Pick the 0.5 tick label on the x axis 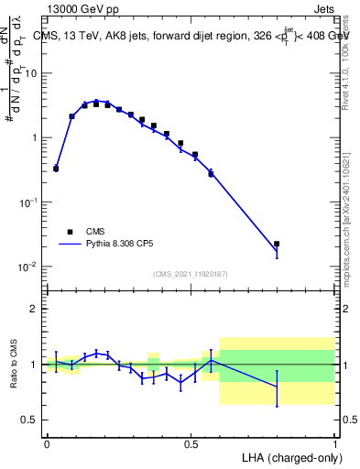[x=191, y=443]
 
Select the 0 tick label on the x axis [x=47, y=443]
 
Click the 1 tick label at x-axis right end [x=334, y=443]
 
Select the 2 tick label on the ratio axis [x=36, y=309]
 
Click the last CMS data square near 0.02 [x=277, y=245]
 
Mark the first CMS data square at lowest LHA [x=56, y=169]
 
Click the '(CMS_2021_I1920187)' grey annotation [x=190, y=274]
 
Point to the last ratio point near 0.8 [x=277, y=387]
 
